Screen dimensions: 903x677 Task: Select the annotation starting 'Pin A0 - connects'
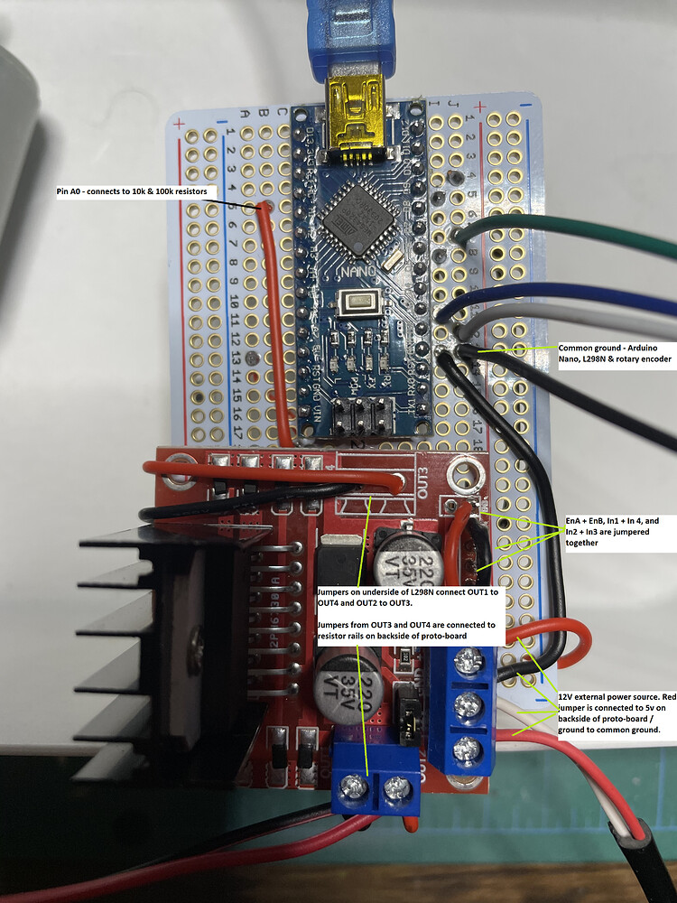pyautogui.click(x=133, y=191)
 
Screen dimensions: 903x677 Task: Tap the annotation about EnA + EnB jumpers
pyautogui.click(x=610, y=533)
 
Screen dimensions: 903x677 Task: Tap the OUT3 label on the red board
pyautogui.click(x=427, y=484)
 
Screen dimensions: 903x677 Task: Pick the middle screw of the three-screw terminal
pyautogui.click(x=467, y=704)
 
